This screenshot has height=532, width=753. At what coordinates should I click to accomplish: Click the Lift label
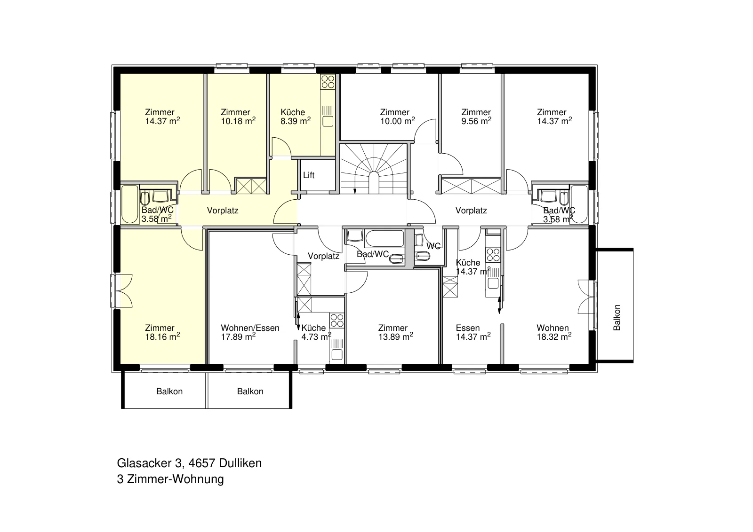(x=309, y=175)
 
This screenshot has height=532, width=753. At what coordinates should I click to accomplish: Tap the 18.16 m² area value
(x=162, y=336)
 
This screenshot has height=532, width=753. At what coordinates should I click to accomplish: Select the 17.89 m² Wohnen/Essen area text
(x=238, y=336)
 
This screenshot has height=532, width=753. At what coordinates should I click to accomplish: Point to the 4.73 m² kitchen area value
(x=316, y=336)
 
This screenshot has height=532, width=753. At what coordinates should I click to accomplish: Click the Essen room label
(x=468, y=328)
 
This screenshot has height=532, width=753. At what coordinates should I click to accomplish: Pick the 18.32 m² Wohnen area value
(x=554, y=336)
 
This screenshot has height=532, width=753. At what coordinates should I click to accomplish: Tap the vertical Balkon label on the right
(x=617, y=317)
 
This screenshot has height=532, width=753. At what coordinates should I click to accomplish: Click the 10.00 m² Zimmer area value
(x=397, y=121)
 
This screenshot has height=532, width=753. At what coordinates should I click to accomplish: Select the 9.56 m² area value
(x=476, y=121)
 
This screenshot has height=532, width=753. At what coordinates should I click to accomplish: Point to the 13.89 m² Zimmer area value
(x=396, y=336)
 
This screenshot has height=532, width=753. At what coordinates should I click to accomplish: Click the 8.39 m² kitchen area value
(x=296, y=121)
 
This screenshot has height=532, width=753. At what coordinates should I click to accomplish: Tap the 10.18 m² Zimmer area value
(x=238, y=121)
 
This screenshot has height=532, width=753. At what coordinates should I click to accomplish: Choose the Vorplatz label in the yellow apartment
(x=223, y=211)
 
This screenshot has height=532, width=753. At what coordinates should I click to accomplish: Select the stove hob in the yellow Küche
(x=328, y=82)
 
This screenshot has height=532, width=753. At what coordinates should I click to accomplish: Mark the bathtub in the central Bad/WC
(x=384, y=238)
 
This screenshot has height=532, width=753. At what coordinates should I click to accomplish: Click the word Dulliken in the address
(x=240, y=463)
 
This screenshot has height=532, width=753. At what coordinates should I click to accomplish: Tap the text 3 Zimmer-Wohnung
(x=170, y=479)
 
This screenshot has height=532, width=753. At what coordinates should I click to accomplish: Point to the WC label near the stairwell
(x=433, y=246)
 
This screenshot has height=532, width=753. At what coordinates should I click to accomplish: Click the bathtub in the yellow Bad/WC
(x=130, y=204)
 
